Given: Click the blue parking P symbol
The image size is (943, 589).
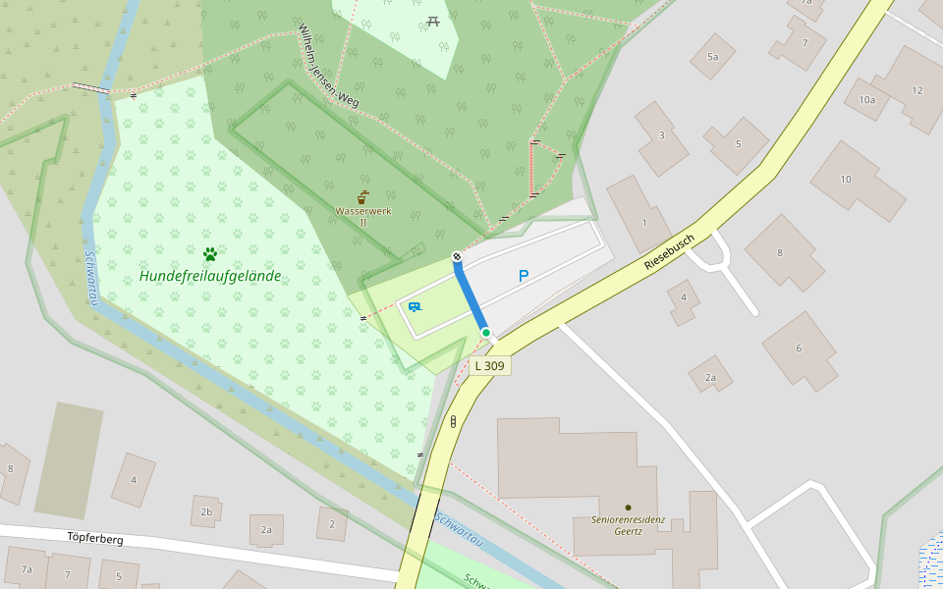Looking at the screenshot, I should point(524,277).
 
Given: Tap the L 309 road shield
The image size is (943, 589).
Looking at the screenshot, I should point(489,365).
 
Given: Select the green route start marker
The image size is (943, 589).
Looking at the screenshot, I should point(485,333).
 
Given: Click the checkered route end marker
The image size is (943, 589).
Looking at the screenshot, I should point(457,257).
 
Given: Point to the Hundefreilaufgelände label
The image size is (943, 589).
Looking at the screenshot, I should point(209,276).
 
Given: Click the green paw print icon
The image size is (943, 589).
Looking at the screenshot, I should point(209,254).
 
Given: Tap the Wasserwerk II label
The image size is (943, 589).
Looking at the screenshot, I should point(362,216).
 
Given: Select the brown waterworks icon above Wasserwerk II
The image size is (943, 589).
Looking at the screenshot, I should point(363,196).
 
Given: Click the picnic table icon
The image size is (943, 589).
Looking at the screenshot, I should point(433,21).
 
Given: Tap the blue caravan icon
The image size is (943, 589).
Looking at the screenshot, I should point(415,307).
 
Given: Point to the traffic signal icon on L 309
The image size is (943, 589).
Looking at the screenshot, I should point(453,422).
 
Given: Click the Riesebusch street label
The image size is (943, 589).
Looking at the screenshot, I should point(669,252).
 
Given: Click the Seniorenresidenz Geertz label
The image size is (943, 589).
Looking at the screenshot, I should point(629,525).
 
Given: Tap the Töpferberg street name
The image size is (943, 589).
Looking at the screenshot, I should point(95,538).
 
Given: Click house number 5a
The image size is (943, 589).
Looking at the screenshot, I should point(712,57).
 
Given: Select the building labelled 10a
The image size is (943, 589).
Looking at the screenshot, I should point(866,100).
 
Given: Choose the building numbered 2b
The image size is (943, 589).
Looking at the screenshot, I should point(206,511).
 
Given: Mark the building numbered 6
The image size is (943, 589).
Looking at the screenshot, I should point(799,348).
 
